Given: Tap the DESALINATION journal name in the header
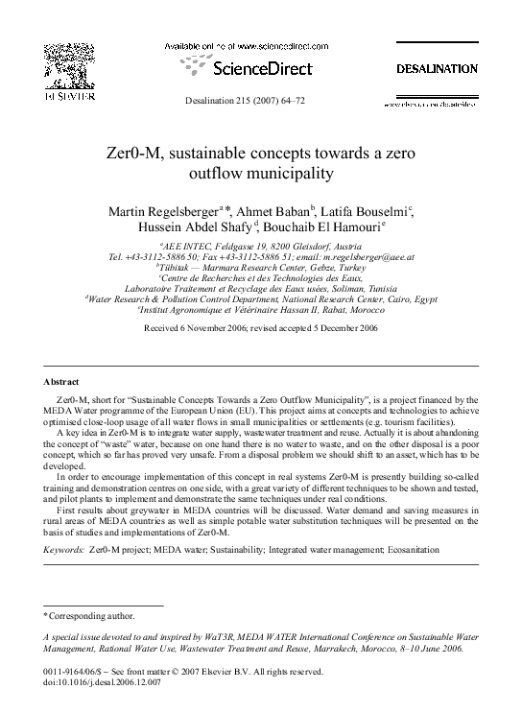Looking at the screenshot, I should (437, 69).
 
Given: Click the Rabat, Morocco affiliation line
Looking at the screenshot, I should (260, 310).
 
